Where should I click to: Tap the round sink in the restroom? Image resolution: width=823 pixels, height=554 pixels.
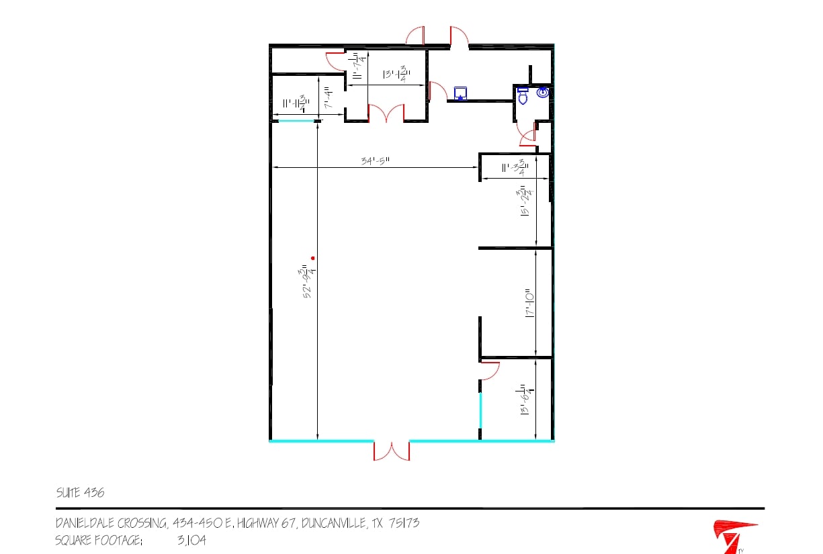542,93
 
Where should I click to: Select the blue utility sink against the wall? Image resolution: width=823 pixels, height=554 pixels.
460,93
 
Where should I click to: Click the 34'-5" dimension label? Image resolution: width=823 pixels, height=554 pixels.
376,160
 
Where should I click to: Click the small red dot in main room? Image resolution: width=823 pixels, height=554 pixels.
312,258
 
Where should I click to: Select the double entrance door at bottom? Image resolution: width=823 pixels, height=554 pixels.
391,450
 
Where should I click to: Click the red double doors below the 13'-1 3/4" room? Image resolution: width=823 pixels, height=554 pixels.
385,114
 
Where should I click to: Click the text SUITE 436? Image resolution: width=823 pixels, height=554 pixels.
80,493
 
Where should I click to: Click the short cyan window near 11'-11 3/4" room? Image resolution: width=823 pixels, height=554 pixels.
296,122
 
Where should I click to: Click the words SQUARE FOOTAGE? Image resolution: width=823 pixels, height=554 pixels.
99,539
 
